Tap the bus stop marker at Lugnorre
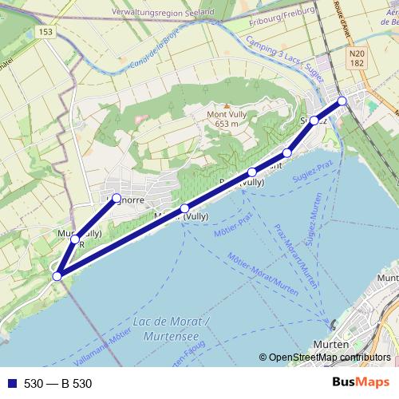[116, 198]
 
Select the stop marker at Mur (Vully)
[75, 239]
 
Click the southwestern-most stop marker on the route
[57, 276]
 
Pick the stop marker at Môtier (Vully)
[184, 209]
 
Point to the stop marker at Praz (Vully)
[252, 172]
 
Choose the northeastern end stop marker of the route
[342, 101]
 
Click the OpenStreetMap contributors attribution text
[329, 358]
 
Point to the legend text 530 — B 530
[58, 384]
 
